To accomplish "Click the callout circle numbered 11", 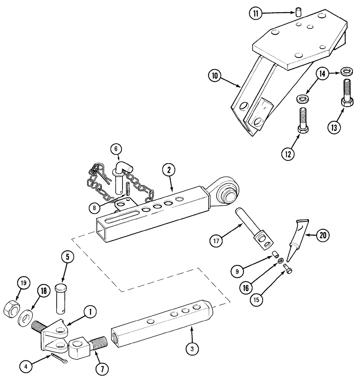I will point(255,13).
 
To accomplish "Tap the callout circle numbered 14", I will point(322,74).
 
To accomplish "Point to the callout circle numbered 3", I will point(192,348).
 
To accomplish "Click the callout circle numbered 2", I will point(168,170).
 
